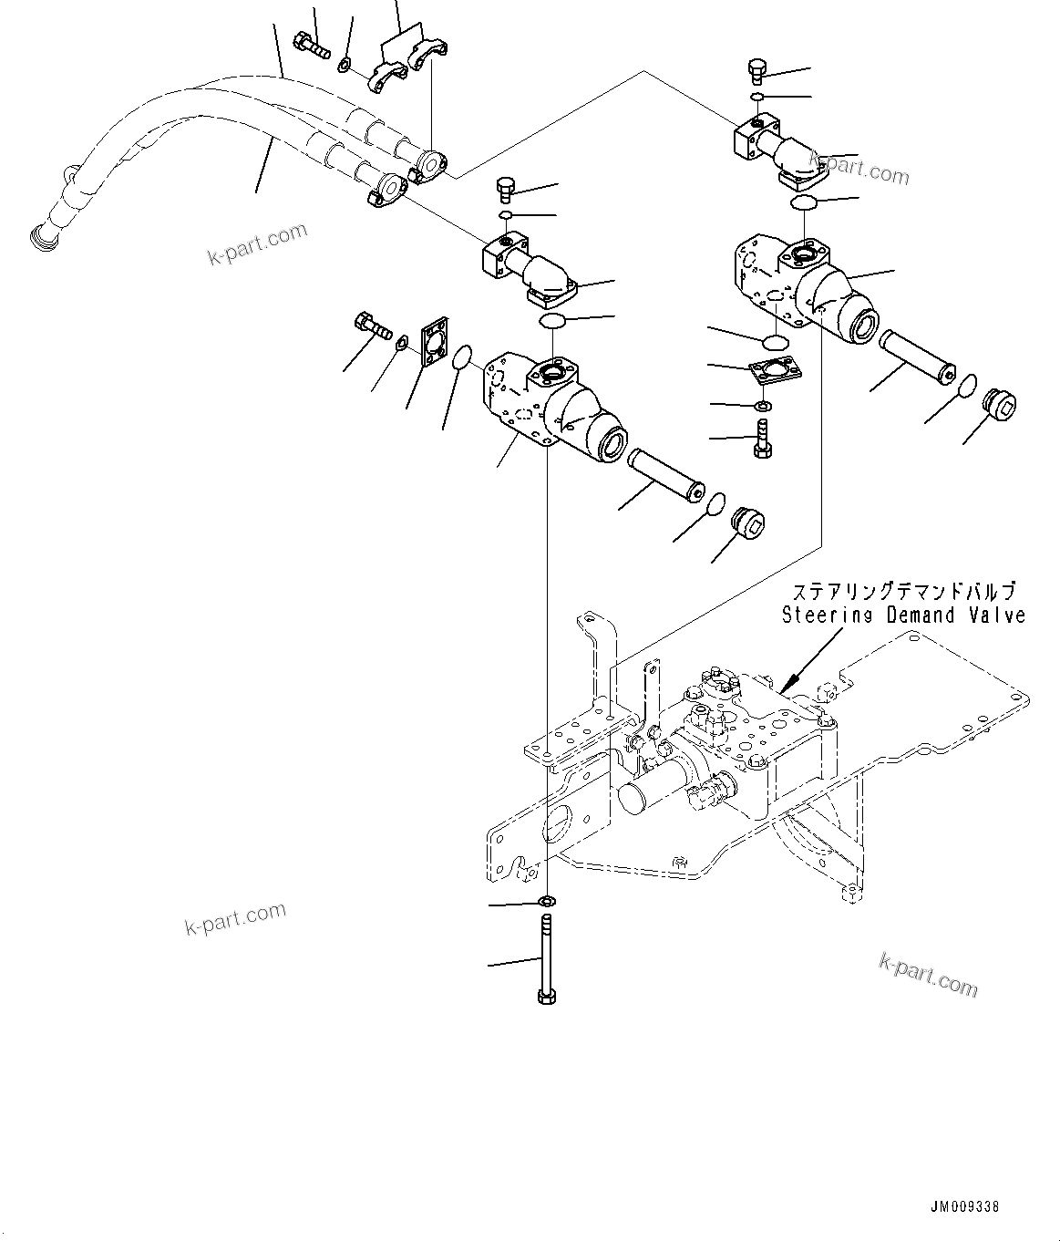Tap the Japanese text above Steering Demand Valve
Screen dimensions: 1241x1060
(x=903, y=592)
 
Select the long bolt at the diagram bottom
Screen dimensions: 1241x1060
(x=545, y=967)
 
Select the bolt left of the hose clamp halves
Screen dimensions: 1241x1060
(x=312, y=41)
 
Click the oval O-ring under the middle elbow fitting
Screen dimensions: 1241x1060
(x=552, y=321)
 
